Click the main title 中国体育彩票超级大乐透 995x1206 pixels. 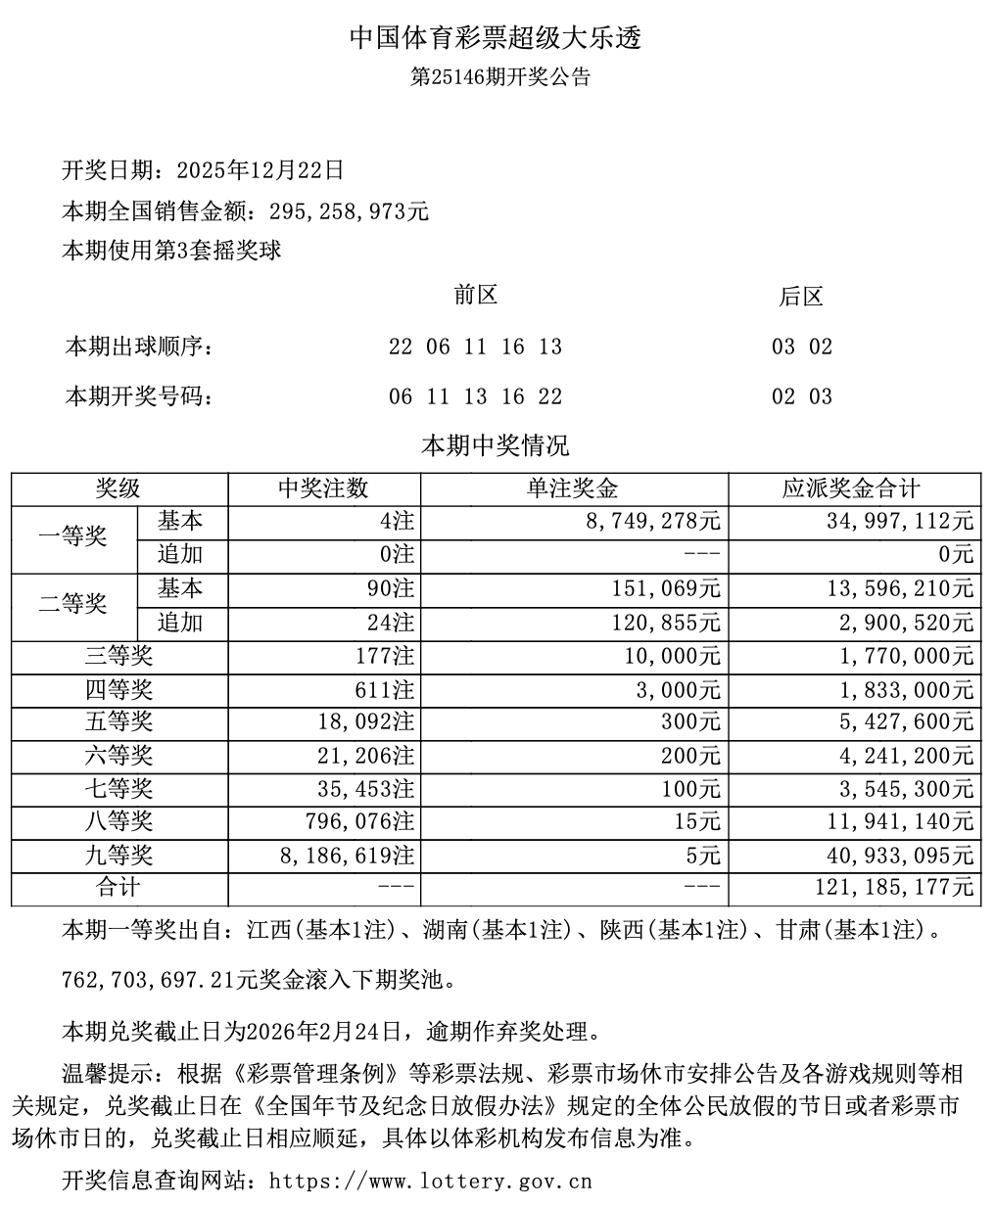coord(497,38)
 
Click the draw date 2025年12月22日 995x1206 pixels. coord(261,170)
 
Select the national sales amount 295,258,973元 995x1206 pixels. coord(342,210)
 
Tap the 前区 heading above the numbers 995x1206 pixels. coord(476,295)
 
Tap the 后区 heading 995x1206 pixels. coord(801,297)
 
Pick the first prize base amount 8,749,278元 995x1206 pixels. coord(651,522)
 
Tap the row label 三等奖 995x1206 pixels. coord(119,656)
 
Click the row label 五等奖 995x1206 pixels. coord(119,722)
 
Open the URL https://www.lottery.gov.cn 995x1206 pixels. coord(430,1181)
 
